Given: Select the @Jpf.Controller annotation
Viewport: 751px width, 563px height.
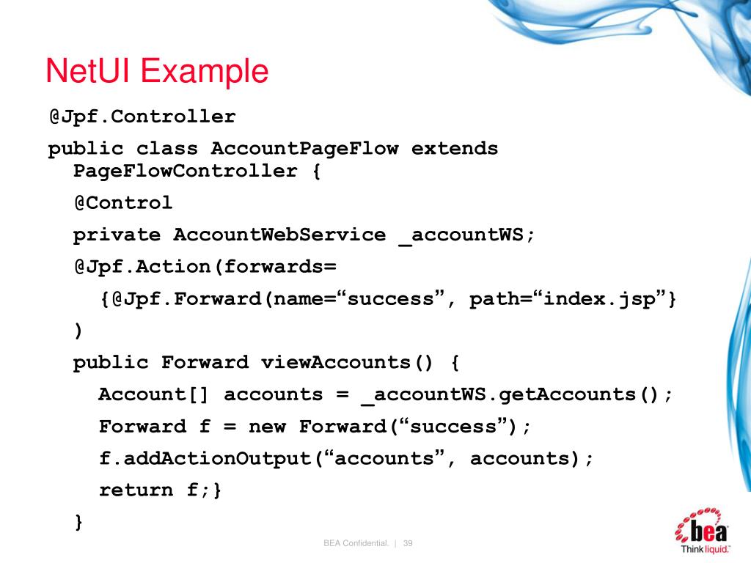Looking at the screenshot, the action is (x=142, y=117).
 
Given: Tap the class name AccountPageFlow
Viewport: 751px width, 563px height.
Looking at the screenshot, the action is (x=304, y=149).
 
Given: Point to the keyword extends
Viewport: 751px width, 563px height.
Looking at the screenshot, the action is (x=455, y=149).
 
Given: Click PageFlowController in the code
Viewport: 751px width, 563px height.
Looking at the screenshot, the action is (x=186, y=172).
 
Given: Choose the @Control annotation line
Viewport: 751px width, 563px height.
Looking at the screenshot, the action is (x=122, y=203).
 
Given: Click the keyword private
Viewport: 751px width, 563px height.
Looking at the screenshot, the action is (x=117, y=235).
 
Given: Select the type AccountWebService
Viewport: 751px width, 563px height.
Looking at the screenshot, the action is (x=279, y=235).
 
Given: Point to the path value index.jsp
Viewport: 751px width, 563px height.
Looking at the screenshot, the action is (x=605, y=300).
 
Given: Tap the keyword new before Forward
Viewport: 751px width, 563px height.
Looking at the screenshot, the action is (x=267, y=427).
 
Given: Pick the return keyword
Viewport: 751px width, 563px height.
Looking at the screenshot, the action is (x=136, y=490).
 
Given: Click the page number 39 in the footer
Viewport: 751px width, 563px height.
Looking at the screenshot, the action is (x=409, y=543).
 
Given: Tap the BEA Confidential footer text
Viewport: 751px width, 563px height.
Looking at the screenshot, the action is (x=355, y=543).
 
